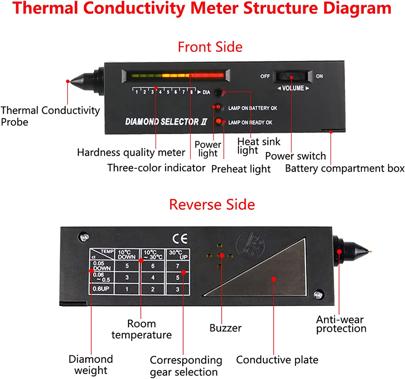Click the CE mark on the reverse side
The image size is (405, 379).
click(x=180, y=238)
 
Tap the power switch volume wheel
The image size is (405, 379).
click(x=292, y=77)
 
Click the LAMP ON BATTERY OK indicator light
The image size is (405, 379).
click(x=218, y=107)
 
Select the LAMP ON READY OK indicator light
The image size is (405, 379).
click(x=218, y=121)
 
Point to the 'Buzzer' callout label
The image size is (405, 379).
click(x=225, y=328)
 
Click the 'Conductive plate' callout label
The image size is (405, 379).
click(x=277, y=360)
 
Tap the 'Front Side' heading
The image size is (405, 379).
click(x=210, y=47)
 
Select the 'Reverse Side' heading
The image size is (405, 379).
click(x=212, y=204)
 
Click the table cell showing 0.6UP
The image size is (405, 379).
click(x=101, y=289)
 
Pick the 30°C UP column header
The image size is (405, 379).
click(x=178, y=254)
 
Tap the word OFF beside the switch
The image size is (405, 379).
click(x=265, y=76)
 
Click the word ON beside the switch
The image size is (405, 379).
click(x=319, y=76)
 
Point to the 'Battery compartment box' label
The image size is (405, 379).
click(x=345, y=168)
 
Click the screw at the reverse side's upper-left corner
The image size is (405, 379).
click(x=84, y=237)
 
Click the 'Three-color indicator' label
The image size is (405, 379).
click(x=156, y=168)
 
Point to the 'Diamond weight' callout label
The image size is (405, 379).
click(x=91, y=364)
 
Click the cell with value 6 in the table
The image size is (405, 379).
click(x=153, y=266)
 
